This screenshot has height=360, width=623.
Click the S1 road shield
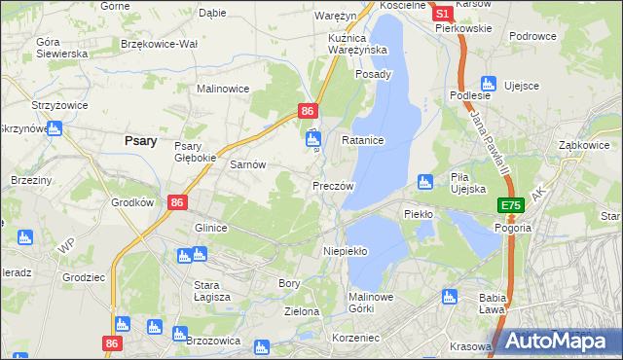[x=441, y=14]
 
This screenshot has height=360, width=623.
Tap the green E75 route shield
[x=512, y=205]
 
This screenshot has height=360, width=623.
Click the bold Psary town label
[x=141, y=140]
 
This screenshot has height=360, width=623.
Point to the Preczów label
[x=333, y=185]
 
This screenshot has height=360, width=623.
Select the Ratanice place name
[x=363, y=141]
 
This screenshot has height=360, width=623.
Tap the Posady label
[x=374, y=74]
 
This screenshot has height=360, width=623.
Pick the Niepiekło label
[x=345, y=251]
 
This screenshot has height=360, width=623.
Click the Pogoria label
[x=512, y=227]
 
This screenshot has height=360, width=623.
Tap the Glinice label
[x=210, y=228]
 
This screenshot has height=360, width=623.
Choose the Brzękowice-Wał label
[x=159, y=44]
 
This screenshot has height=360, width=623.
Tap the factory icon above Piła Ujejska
[x=424, y=180]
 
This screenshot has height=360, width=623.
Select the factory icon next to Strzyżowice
[x=54, y=127]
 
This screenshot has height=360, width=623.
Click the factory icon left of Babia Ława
[x=449, y=296]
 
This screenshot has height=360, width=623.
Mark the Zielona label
[x=302, y=312]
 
